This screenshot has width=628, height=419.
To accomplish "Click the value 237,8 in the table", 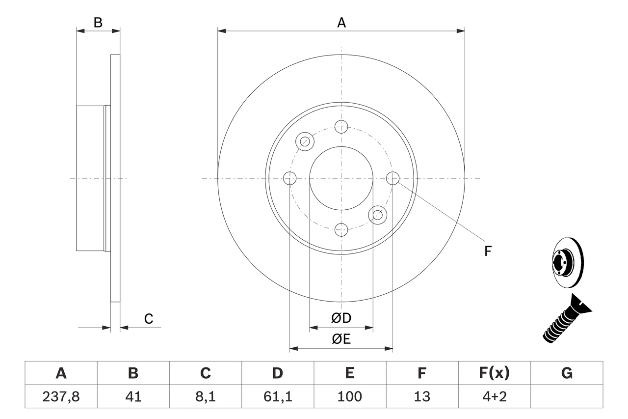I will pyautogui.click(x=61, y=396).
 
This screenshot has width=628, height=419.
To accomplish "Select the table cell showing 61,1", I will pyautogui.click(x=277, y=396).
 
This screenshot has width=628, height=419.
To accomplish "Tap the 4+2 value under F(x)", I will pyautogui.click(x=494, y=396).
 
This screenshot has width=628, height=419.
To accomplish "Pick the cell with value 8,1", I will pyautogui.click(x=205, y=396).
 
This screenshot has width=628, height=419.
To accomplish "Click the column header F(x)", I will pyautogui.click(x=494, y=373).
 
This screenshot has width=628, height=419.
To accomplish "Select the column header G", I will pyautogui.click(x=567, y=373).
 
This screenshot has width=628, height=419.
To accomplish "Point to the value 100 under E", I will pyautogui.click(x=349, y=396).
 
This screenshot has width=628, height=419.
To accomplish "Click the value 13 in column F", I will pyautogui.click(x=421, y=396).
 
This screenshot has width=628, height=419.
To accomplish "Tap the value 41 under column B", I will pyautogui.click(x=133, y=396).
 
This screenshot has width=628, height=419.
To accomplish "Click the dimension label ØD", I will pyautogui.click(x=341, y=318).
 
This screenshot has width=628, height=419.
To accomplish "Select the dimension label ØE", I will pyautogui.click(x=341, y=339).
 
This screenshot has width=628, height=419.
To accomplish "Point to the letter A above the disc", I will pyautogui.click(x=341, y=23).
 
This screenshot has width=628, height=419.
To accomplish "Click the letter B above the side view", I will pyautogui.click(x=98, y=23).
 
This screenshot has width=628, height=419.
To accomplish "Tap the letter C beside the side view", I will pyautogui.click(x=149, y=319).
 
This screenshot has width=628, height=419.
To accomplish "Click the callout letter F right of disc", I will pyautogui.click(x=488, y=251).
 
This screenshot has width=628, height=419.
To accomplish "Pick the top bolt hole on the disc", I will pyautogui.click(x=341, y=127).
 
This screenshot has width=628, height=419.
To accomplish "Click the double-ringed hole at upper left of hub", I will pyautogui.click(x=305, y=141).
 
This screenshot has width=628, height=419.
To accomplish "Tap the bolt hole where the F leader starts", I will pyautogui.click(x=392, y=178).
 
